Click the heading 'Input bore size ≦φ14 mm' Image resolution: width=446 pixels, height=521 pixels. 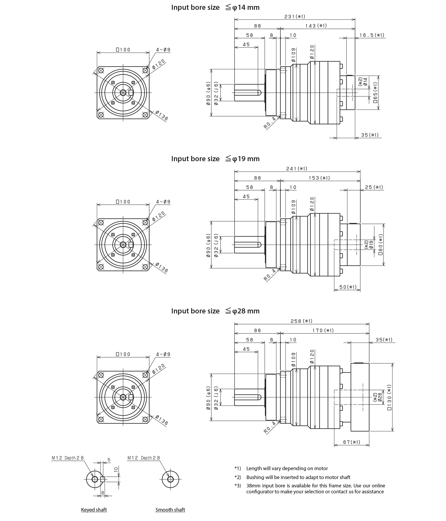point(215,8)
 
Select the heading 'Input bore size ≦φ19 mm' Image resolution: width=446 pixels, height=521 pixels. point(215,159)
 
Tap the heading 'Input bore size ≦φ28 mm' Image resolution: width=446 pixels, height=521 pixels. point(215,311)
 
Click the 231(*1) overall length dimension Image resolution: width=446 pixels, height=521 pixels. point(295,17)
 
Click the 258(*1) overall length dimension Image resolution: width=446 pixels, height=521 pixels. point(301,321)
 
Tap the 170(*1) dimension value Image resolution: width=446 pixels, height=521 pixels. point(323,330)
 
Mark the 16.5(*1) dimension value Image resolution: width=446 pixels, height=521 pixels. point(372,35)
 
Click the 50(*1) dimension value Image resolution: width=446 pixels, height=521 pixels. point(348,287)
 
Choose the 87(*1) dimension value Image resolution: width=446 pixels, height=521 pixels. point(351,442)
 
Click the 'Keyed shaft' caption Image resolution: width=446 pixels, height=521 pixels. point(94,510)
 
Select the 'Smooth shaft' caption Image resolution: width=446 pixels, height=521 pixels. point(170,510)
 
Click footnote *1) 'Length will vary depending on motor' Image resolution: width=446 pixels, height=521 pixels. point(287,468)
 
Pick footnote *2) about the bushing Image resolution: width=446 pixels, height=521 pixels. point(298,477)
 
